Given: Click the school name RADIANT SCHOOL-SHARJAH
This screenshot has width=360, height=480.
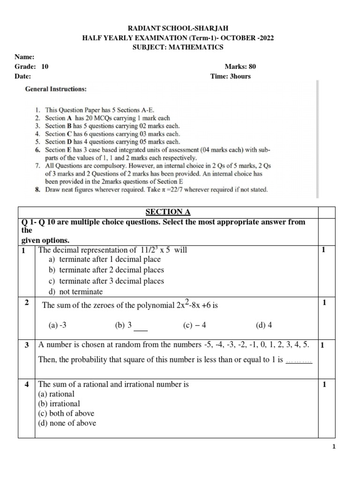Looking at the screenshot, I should (180, 29).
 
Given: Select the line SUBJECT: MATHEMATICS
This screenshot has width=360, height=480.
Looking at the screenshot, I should (180, 47).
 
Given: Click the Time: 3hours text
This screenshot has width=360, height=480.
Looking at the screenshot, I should (231, 76).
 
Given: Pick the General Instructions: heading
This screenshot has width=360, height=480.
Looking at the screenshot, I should (55, 89).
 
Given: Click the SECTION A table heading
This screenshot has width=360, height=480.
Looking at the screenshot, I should (167, 212).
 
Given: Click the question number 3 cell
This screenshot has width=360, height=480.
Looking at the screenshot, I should (27, 345).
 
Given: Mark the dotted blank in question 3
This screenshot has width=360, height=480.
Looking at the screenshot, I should (299, 360).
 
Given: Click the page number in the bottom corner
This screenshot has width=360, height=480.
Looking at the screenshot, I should (334, 447).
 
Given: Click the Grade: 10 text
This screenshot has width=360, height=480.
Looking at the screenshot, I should (31, 67).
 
